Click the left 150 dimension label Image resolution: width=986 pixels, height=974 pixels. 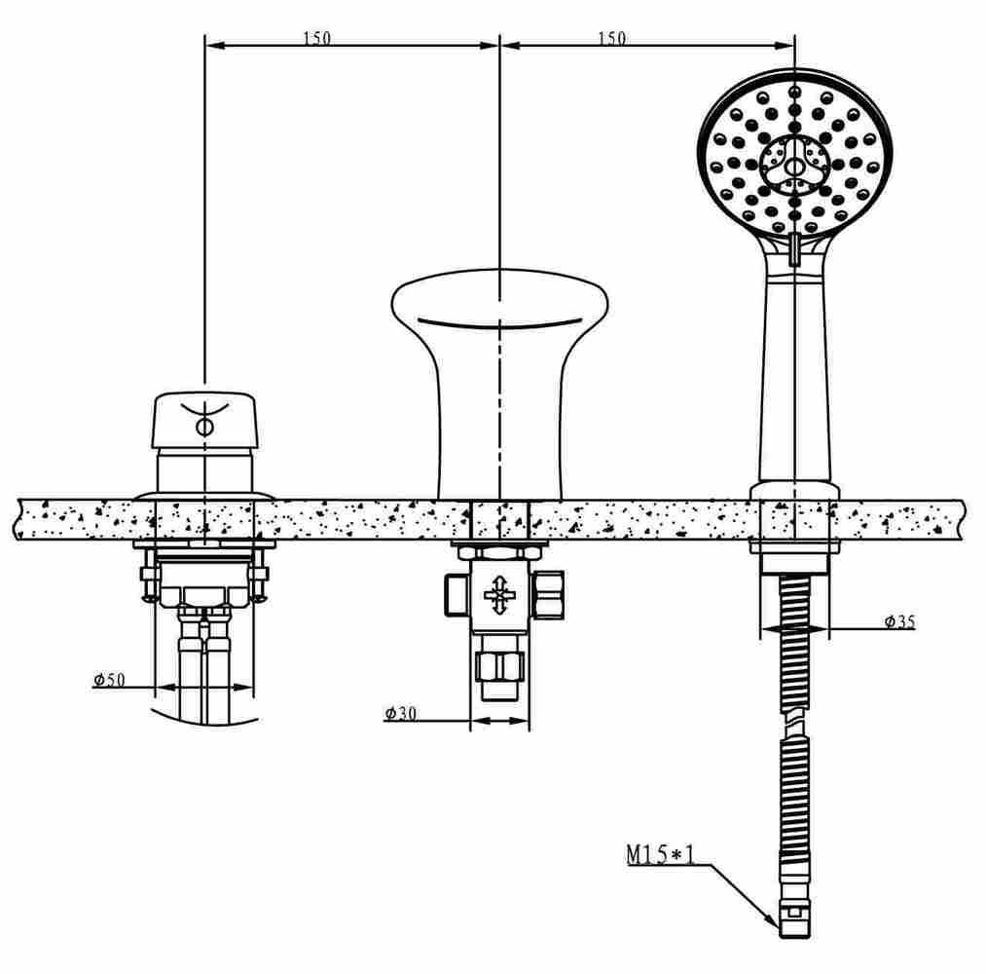pyautogui.click(x=316, y=38)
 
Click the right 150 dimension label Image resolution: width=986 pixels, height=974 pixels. pyautogui.click(x=611, y=38)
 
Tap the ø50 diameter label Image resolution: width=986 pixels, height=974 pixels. pyautogui.click(x=109, y=680)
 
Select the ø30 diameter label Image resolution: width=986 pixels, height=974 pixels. pyautogui.click(x=400, y=714)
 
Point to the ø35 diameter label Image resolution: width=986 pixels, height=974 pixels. pyautogui.click(x=899, y=621)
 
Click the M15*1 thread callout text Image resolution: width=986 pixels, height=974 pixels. pyautogui.click(x=660, y=855)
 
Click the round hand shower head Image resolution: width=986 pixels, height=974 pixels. pyautogui.click(x=795, y=156)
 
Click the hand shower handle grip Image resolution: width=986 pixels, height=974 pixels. pyautogui.click(x=795, y=380)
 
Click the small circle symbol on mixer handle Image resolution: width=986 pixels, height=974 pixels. pyautogui.click(x=205, y=427)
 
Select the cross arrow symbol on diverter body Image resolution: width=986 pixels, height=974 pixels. pyautogui.click(x=498, y=593)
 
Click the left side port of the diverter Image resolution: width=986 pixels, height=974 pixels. pyautogui.click(x=455, y=593)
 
